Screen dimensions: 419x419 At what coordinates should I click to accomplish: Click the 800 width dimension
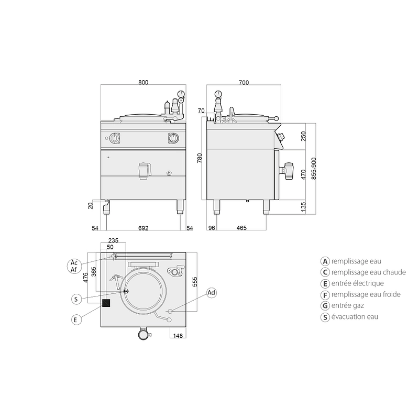(143, 82)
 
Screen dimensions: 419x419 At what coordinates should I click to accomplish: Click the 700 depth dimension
(244, 83)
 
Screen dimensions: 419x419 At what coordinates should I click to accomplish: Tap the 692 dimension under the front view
(143, 228)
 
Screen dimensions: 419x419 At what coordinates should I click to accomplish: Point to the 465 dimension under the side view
(241, 228)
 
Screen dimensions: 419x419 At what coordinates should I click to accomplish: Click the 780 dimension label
(200, 158)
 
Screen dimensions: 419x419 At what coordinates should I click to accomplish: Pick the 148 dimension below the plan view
(178, 336)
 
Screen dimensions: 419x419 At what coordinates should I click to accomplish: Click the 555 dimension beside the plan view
(195, 282)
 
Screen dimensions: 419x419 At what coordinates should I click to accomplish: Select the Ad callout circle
(211, 293)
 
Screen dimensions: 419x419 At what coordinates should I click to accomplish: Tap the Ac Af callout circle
(74, 266)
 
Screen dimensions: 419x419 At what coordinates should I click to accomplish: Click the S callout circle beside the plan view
(76, 299)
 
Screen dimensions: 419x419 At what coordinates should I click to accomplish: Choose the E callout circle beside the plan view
(76, 319)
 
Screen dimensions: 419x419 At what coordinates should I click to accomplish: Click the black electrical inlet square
(106, 303)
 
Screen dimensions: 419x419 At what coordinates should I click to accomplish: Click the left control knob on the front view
(115, 138)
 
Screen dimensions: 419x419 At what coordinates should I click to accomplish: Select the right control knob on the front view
(173, 138)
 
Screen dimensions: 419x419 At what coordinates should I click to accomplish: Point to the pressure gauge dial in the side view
(218, 94)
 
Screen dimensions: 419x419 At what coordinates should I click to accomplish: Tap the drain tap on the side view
(286, 171)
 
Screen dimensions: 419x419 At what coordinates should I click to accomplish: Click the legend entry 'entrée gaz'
(348, 305)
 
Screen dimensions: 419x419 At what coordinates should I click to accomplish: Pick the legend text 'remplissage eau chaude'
(369, 272)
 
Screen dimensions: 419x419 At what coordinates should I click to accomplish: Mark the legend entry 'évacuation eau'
(355, 317)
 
